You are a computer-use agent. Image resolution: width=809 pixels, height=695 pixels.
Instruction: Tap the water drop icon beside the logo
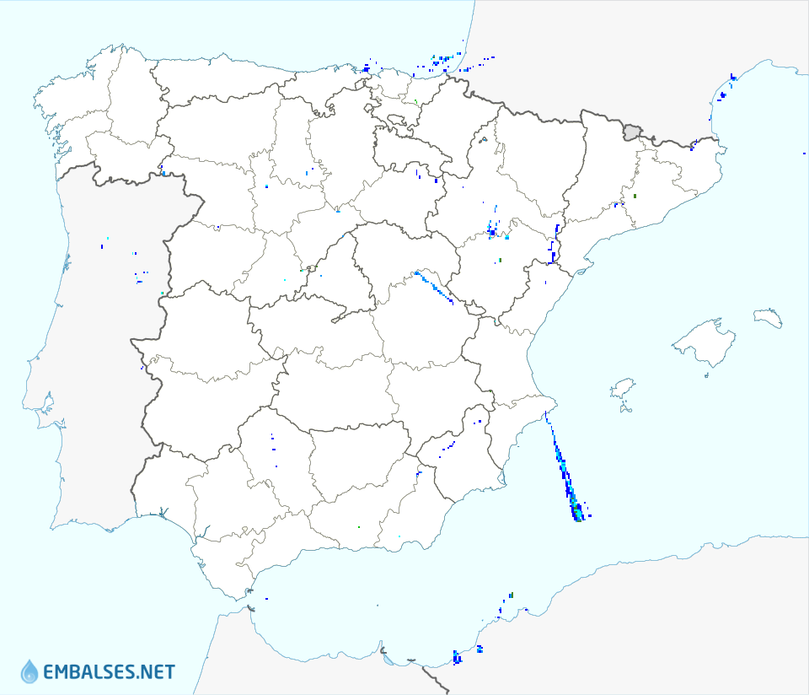29,671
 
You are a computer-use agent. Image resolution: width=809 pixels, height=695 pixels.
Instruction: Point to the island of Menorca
768,318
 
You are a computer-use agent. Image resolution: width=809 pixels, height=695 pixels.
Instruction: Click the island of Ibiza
622,389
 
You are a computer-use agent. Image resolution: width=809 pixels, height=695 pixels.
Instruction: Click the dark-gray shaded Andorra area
632,132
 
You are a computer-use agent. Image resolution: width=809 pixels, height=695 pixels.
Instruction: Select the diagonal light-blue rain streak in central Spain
433,287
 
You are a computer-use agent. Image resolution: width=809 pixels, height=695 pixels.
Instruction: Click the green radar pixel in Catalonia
635,196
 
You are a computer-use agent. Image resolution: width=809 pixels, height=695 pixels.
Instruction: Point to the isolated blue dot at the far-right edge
804,154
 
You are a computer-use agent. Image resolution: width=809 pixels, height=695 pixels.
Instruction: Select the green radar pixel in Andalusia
359,527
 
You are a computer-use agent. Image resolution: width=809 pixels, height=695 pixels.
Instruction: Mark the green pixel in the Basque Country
415,102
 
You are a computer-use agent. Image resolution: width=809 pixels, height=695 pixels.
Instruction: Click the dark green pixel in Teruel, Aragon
500,261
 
